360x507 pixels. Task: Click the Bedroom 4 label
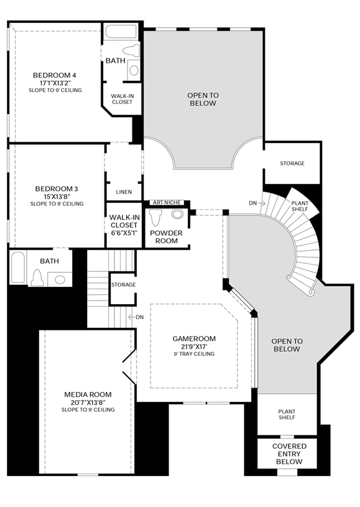coord(55,75)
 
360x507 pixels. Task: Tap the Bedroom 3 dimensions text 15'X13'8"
coord(57,197)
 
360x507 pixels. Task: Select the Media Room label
coord(88,394)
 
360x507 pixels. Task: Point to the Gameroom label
coord(194,338)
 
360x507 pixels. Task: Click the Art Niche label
coord(167,202)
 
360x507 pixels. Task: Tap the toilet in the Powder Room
coord(156,217)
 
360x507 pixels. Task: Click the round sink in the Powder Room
coord(177,214)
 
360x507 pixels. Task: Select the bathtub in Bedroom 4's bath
coord(121,32)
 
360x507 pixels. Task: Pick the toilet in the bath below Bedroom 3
coord(37,279)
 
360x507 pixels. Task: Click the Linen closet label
coord(124,192)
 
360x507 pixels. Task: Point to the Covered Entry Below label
coord(289,454)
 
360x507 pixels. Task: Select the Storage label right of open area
coord(292,163)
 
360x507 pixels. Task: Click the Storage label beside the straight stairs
coord(124,284)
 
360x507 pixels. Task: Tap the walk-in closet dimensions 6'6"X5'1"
coord(124,233)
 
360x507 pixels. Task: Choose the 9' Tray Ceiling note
coord(194,354)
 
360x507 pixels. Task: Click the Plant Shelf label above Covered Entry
coord(287,414)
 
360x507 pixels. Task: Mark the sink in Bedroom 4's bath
coord(134,70)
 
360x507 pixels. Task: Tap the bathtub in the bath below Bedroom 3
coord(18,267)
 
